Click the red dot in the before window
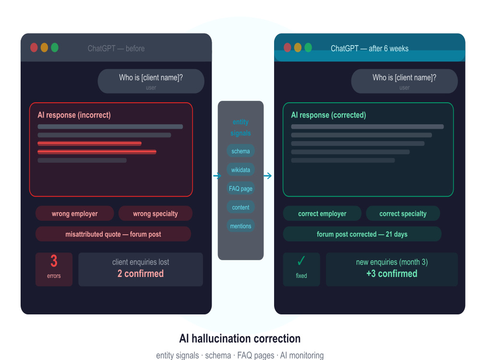click(x=34, y=48)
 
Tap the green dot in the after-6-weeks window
click(x=308, y=48)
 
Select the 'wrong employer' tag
click(x=75, y=214)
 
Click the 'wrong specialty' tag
click(x=155, y=214)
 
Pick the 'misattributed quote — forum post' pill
click(x=113, y=234)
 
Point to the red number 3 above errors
click(x=54, y=261)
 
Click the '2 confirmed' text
click(x=141, y=274)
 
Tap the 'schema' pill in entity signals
click(x=240, y=151)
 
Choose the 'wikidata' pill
click(x=240, y=169)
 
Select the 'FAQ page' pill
click(x=240, y=188)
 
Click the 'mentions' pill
click(x=240, y=226)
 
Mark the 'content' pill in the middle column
click(x=240, y=207)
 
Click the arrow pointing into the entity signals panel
click(x=217, y=176)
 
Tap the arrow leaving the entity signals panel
click(x=267, y=176)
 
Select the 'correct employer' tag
click(x=322, y=214)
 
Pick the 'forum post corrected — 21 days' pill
click(x=362, y=234)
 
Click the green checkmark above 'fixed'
click(x=301, y=261)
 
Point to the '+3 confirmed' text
click(x=392, y=274)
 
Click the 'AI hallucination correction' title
click(x=240, y=338)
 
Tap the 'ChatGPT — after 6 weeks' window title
click(x=370, y=48)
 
